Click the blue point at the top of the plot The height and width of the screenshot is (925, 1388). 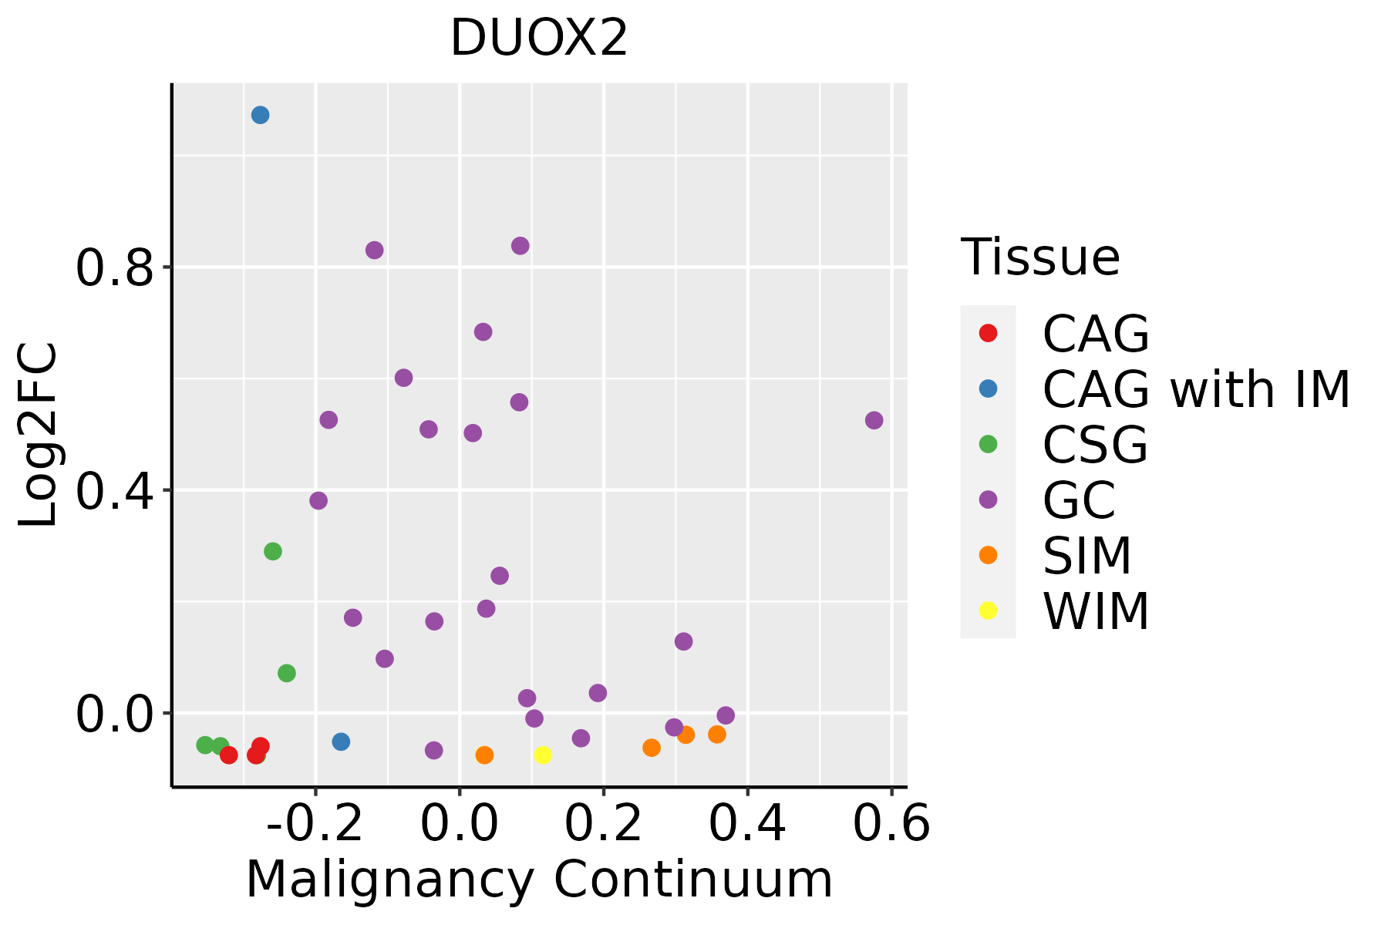click(x=260, y=115)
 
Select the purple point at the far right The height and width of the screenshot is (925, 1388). click(x=874, y=420)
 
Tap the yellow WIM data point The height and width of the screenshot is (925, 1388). click(x=543, y=755)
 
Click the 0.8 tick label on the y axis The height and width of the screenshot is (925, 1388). click(x=114, y=268)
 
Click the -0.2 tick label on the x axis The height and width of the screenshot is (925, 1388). click(x=315, y=825)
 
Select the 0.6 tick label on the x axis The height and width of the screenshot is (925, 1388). click(x=891, y=825)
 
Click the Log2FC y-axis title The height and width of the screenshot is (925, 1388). click(x=39, y=436)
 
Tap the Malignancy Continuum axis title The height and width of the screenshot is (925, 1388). click(x=539, y=880)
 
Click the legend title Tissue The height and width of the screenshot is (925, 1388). click(x=1040, y=257)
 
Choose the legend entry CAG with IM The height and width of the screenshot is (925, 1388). click(x=1196, y=390)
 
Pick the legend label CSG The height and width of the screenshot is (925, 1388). click(x=1095, y=445)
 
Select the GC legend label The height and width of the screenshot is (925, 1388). click(x=1079, y=500)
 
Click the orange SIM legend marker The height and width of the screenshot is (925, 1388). click(x=988, y=555)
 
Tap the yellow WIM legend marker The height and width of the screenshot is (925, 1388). click(x=988, y=610)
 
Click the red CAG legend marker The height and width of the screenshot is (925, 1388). click(x=988, y=334)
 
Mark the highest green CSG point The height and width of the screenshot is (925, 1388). click(x=273, y=551)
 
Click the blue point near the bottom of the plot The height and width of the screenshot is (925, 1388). click(x=341, y=742)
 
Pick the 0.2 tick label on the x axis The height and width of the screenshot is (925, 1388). click(x=604, y=825)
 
